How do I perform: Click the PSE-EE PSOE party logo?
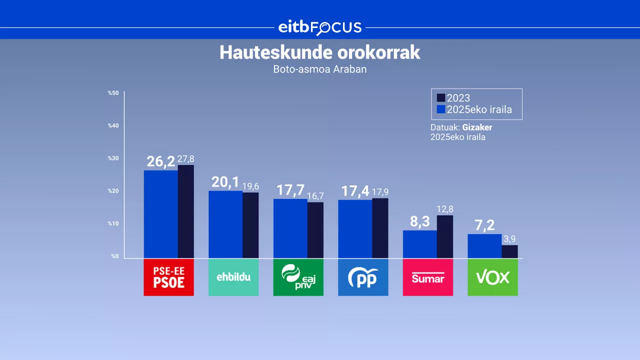coord(168,277)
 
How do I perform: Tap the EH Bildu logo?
coord(233,277)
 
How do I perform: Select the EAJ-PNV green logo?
coord(298,277)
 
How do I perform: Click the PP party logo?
coord(363,277)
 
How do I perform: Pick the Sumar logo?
coord(427,277)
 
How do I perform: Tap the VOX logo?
coord(492,277)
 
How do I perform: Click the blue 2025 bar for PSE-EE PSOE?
coord(160,214)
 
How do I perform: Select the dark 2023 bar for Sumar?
coord(444,236)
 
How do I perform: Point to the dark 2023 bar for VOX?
coord(509,251)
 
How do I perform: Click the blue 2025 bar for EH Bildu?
coord(225,224)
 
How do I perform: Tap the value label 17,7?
coord(290,190)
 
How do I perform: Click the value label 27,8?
coord(185,159)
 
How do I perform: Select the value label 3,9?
coord(509,239)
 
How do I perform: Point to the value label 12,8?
coord(444,209)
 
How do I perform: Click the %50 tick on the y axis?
coord(113,93)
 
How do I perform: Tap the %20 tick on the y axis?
coord(113,191)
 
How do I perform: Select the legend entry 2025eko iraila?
coord(474,109)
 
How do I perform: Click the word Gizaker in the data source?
coord(477,127)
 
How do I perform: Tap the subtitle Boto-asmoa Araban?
coord(319,69)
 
